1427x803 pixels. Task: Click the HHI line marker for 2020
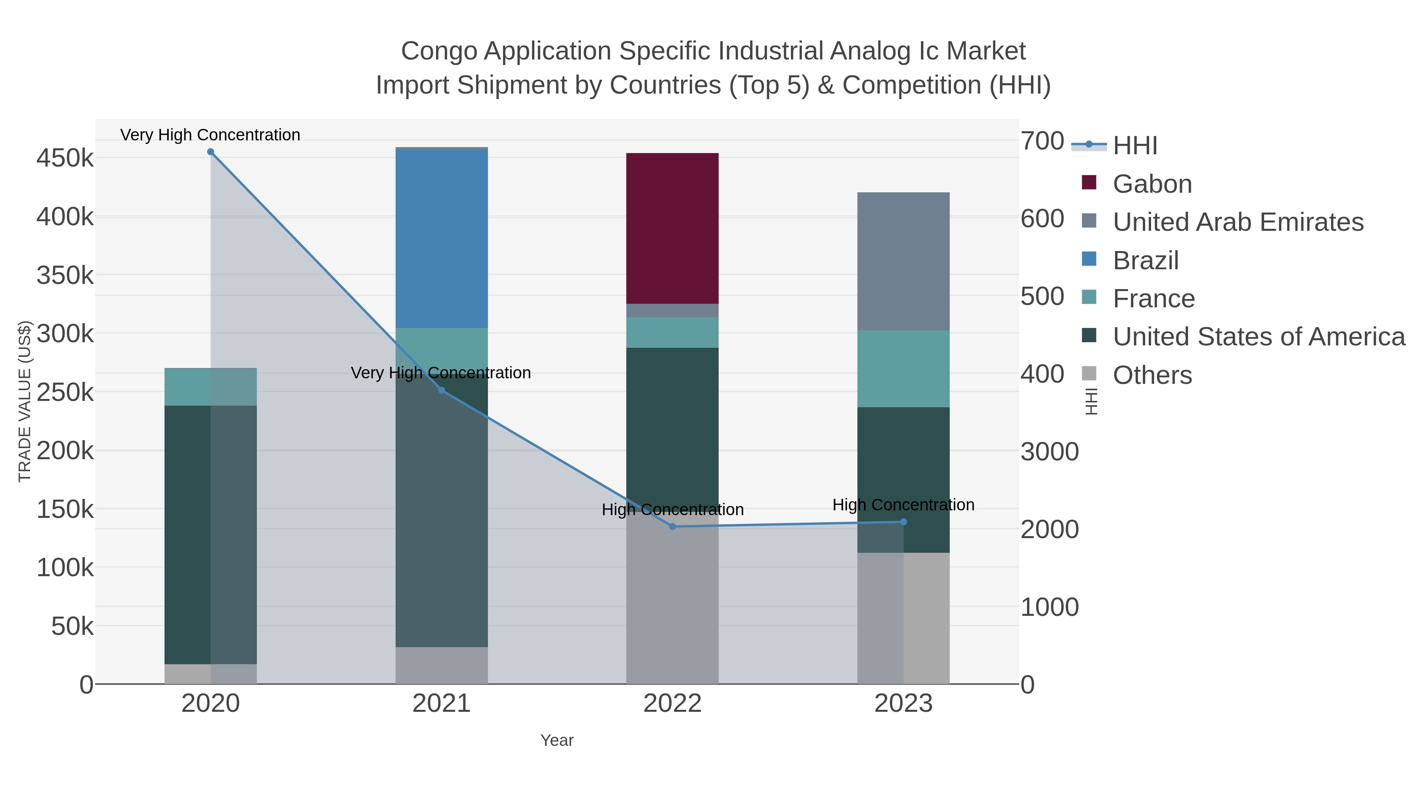click(210, 152)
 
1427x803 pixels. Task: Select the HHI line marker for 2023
click(903, 522)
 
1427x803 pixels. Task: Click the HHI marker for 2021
click(442, 391)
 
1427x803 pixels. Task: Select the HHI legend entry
click(1134, 146)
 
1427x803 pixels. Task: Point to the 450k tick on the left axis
click(65, 159)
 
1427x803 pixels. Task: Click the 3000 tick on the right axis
click(1049, 452)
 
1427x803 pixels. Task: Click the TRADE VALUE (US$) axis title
click(25, 401)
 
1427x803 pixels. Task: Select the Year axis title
click(557, 740)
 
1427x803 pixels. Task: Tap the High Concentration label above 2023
click(903, 505)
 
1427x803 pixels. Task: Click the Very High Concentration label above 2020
click(210, 135)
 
